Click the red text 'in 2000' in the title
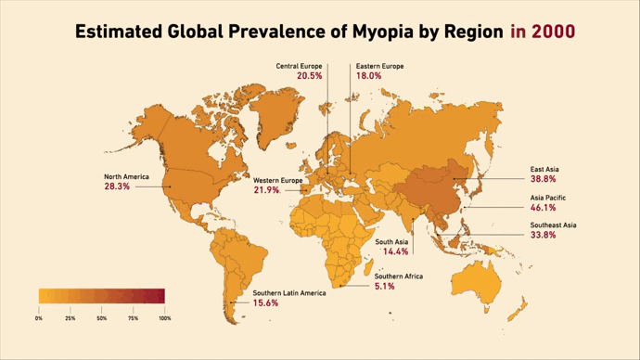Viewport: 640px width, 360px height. pyautogui.click(x=542, y=32)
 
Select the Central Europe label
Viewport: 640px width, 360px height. pyautogui.click(x=299, y=66)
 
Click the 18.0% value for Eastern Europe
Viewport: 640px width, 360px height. pyautogui.click(x=368, y=76)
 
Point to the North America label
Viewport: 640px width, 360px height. pyautogui.click(x=126, y=176)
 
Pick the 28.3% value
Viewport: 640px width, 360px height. pyautogui.click(x=117, y=186)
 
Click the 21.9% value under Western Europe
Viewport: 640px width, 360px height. pyautogui.click(x=266, y=190)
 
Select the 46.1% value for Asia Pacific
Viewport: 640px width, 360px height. pyautogui.click(x=544, y=208)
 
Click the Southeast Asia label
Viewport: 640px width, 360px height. pyautogui.click(x=554, y=225)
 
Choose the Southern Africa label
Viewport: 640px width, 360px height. pyautogui.click(x=399, y=276)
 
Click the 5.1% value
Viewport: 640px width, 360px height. pyautogui.click(x=385, y=287)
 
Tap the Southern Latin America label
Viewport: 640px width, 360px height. pyautogui.click(x=290, y=293)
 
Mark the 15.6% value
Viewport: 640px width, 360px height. pyautogui.click(x=266, y=303)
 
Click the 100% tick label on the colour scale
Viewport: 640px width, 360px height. pyautogui.click(x=165, y=318)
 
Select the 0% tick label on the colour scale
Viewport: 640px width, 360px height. pyautogui.click(x=39, y=318)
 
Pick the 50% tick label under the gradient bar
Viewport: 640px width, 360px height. pyautogui.click(x=101, y=318)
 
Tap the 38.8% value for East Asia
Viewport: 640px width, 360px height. pyautogui.click(x=544, y=179)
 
